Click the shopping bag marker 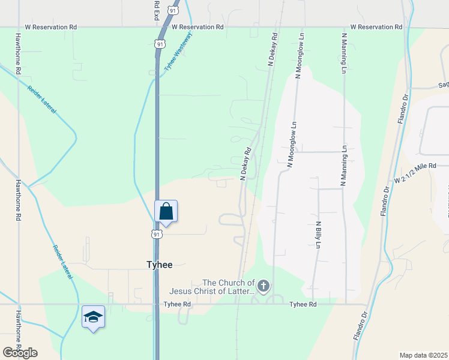[x=166, y=211]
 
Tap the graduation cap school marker [x=93, y=317]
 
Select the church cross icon [x=264, y=287]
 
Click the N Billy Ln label [x=318, y=235]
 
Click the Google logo [x=20, y=353]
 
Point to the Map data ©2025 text [x=423, y=355]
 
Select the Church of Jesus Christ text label [x=229, y=287]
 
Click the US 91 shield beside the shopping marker [x=156, y=233]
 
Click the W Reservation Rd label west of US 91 [x=51, y=28]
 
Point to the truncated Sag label [x=443, y=85]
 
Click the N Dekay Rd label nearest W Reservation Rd [x=274, y=45]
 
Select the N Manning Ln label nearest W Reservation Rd [x=344, y=53]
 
